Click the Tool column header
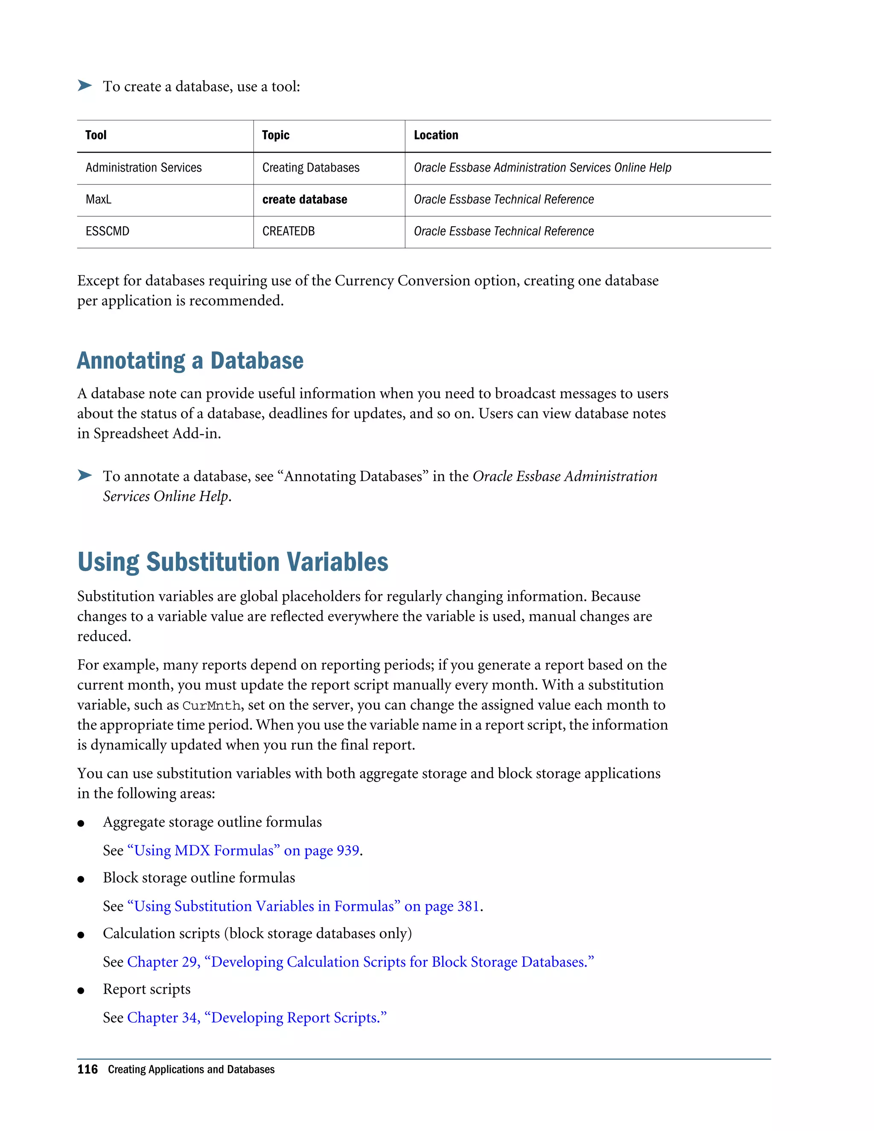(x=96, y=135)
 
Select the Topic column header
(x=275, y=135)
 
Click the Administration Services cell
(x=143, y=168)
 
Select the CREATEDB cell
(x=288, y=231)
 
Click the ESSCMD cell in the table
(x=107, y=231)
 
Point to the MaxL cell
(x=99, y=200)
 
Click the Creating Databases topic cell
(x=311, y=168)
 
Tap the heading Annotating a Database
(x=190, y=361)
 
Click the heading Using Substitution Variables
(x=233, y=563)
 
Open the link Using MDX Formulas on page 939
(x=243, y=851)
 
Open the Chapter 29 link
(x=360, y=962)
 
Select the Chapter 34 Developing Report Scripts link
(x=257, y=1018)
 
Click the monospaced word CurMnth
(x=211, y=706)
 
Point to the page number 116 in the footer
(x=87, y=1070)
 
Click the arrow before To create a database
(x=85, y=85)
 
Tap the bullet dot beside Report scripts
(x=81, y=991)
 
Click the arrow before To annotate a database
(x=85, y=475)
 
